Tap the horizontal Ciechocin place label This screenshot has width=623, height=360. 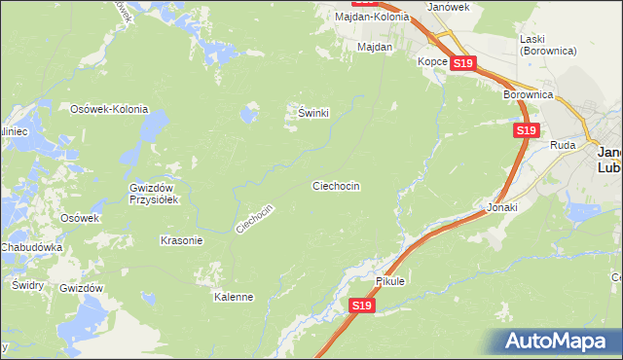pos(336,185)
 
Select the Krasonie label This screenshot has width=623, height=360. pos(180,239)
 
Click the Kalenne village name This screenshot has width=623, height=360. pos(234,297)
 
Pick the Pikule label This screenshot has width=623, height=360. pos(389,281)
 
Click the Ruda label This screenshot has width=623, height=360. pos(564,145)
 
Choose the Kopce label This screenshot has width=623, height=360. pos(432,61)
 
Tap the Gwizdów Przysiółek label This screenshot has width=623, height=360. pos(151,194)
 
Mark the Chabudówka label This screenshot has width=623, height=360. pos(31,247)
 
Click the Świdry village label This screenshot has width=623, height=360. pos(27,285)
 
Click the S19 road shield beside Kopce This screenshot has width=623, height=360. pos(462,63)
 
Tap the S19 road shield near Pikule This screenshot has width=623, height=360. pos(361,306)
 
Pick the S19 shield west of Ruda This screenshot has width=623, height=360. pos(526,129)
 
